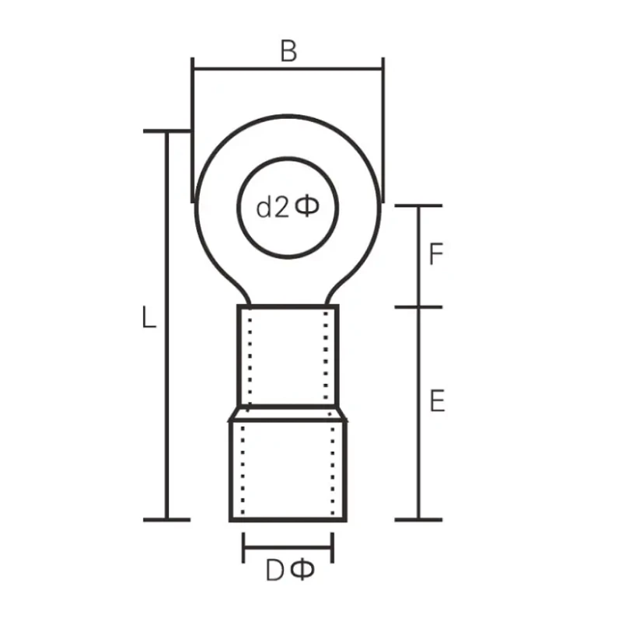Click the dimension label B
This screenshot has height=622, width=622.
pos(288,51)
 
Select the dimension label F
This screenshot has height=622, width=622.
pos(437,255)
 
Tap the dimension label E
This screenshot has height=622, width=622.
pos(437,401)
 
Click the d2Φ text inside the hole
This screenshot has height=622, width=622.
pos(288,207)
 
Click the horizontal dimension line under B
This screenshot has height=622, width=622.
pos(288,69)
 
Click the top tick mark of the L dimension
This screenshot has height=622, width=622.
pos(166,131)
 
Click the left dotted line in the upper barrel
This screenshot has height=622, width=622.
pos(250,358)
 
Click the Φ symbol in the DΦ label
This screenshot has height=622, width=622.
pos(302,571)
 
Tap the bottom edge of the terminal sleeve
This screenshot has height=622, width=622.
pos(288,519)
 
